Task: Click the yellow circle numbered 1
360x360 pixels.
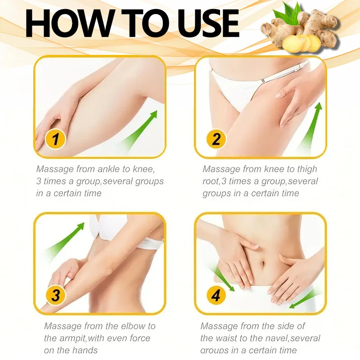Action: [x=55, y=139]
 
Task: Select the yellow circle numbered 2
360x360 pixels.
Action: [x=216, y=139]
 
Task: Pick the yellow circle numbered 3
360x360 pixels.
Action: [x=56, y=295]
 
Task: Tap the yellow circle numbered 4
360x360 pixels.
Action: [x=216, y=295]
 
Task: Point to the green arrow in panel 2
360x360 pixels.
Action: [x=311, y=125]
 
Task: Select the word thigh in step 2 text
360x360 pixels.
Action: [x=307, y=170]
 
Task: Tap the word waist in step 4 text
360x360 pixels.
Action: [x=227, y=338]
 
